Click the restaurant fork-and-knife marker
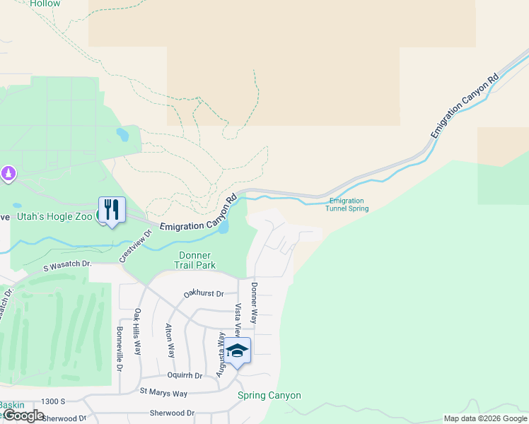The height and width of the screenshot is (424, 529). click(112, 210)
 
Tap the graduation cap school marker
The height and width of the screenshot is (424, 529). click(237, 351)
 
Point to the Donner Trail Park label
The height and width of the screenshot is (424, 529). click(197, 260)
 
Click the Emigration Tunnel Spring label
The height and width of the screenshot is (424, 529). click(347, 205)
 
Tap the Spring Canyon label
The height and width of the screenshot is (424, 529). click(269, 396)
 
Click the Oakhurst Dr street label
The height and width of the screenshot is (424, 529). click(203, 293)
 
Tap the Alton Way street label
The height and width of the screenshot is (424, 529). click(170, 340)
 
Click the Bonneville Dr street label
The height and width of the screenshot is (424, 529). click(120, 348)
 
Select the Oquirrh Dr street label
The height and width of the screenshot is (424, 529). click(185, 375)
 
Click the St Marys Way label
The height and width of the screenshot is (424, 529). click(163, 392)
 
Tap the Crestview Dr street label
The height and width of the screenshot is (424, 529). click(136, 245)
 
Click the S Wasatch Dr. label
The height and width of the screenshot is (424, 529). click(68, 265)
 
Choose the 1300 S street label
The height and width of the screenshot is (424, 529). click(53, 401)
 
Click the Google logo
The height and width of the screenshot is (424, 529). click(23, 416)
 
